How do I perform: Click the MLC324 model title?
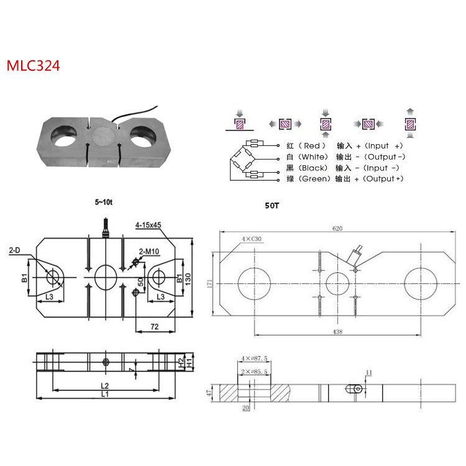(x=33, y=66)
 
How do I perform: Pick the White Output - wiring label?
(x=343, y=157)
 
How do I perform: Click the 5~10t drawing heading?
(x=105, y=202)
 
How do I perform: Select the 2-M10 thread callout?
(x=149, y=251)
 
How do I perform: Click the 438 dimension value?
(x=337, y=332)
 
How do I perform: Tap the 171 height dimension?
(x=210, y=283)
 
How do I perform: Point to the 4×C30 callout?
(x=251, y=239)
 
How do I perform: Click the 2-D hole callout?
(x=15, y=250)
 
